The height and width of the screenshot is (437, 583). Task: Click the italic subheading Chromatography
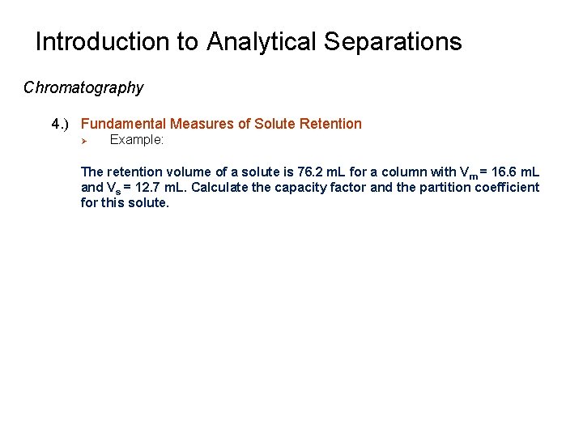83,87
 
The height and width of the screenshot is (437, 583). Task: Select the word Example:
137,140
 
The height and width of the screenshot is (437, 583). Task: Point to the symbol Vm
468,172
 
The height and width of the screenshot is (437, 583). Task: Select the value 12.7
151,187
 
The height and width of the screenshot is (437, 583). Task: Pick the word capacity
304,187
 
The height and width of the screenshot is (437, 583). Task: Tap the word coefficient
509,187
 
